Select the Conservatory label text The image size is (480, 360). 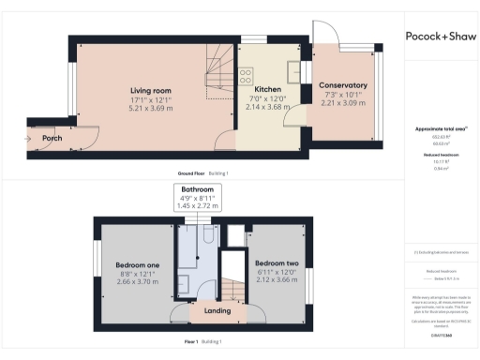click(342, 85)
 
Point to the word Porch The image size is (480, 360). click(52, 139)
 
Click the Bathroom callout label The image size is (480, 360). click(197, 188)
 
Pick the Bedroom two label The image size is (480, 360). click(276, 263)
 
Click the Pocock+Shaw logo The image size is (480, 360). click(441, 37)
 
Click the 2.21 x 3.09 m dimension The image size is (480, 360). click(342, 102)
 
